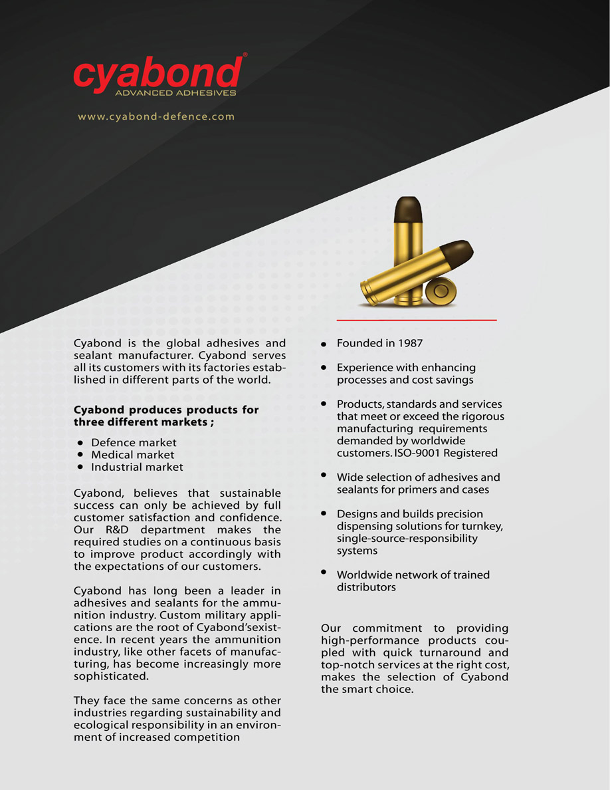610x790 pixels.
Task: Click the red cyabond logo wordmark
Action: (157, 72)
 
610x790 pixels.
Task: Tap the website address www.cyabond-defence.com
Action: (156, 116)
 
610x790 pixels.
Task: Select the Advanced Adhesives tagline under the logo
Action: (175, 93)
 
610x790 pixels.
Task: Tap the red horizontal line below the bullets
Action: (417, 321)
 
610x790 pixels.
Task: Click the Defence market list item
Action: (134, 442)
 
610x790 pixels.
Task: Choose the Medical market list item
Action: (132, 455)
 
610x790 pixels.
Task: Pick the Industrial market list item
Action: (137, 467)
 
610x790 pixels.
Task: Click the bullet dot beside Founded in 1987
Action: (324, 344)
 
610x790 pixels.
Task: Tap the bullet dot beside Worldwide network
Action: (324, 572)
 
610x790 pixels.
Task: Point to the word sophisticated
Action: (110, 676)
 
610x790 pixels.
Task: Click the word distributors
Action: (366, 587)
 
